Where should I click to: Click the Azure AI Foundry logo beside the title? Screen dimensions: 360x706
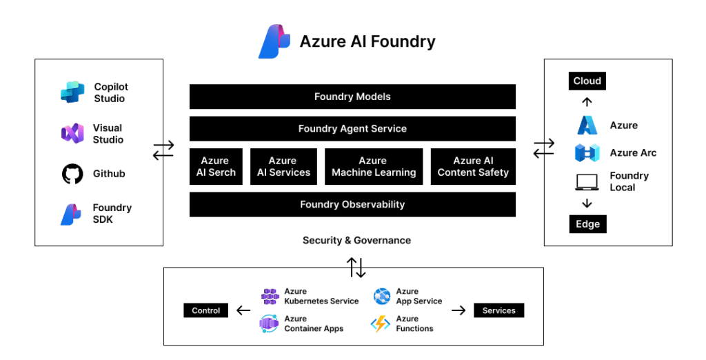pyautogui.click(x=274, y=41)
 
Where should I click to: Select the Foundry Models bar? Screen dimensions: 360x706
pyautogui.click(x=352, y=97)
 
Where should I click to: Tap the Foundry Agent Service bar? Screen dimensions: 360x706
pyautogui.click(x=352, y=129)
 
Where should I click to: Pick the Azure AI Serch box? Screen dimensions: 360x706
pyautogui.click(x=216, y=167)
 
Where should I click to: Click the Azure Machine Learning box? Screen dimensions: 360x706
pyautogui.click(x=374, y=167)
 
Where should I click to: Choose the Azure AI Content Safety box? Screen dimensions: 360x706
pyautogui.click(x=473, y=167)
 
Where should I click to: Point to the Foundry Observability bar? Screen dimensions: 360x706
pyautogui.click(x=352, y=204)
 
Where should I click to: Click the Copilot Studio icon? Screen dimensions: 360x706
pyautogui.click(x=72, y=92)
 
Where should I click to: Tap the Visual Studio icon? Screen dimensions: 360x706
pyautogui.click(x=72, y=134)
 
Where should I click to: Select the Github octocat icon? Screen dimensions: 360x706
pyautogui.click(x=72, y=174)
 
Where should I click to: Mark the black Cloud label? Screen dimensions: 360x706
pyautogui.click(x=587, y=81)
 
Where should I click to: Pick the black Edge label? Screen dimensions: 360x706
pyautogui.click(x=587, y=224)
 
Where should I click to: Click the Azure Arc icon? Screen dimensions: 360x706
pyautogui.click(x=587, y=153)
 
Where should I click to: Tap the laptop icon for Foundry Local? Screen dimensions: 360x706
pyautogui.click(x=587, y=182)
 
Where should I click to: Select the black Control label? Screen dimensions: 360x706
pyautogui.click(x=205, y=310)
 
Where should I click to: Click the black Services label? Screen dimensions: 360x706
pyautogui.click(x=499, y=310)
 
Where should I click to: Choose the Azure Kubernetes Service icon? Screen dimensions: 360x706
pyautogui.click(x=270, y=297)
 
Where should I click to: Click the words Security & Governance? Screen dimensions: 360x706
pyautogui.click(x=356, y=241)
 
